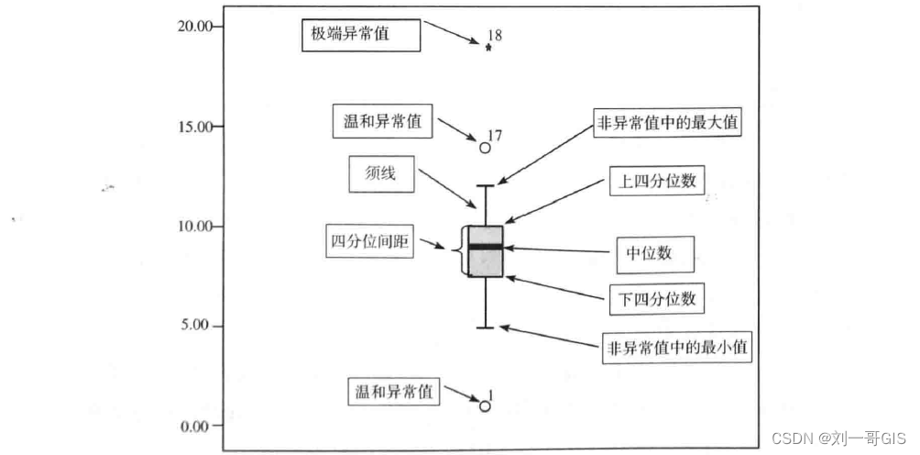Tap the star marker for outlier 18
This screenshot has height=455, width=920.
[488, 48]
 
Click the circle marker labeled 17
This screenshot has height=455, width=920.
[486, 147]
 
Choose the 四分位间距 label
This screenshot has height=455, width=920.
[370, 243]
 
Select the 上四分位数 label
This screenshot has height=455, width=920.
[654, 181]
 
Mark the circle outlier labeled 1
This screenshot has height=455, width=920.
[486, 405]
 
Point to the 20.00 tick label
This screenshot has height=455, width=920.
[193, 26]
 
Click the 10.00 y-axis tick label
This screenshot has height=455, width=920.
[193, 226]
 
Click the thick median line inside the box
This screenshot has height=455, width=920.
[485, 247]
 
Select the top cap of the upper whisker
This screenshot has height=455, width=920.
[485, 186]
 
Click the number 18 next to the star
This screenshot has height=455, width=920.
[495, 36]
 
